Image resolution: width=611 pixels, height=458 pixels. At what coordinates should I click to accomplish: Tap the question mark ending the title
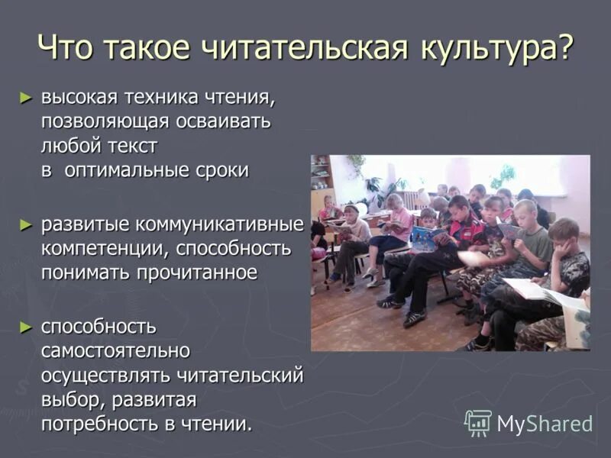[565, 49]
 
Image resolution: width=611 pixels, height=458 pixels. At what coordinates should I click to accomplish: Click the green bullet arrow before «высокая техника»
[26, 97]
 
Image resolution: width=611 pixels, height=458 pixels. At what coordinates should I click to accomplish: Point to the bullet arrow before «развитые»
[26, 224]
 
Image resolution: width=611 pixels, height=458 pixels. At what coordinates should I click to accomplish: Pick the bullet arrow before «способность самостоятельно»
[26, 327]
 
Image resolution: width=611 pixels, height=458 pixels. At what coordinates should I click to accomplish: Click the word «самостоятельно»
[115, 351]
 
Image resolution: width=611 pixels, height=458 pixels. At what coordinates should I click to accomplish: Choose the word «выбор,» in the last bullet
[73, 399]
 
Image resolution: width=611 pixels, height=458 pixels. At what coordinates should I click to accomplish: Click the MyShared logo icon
[478, 422]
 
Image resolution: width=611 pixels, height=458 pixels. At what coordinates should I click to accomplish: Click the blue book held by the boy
[425, 237]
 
